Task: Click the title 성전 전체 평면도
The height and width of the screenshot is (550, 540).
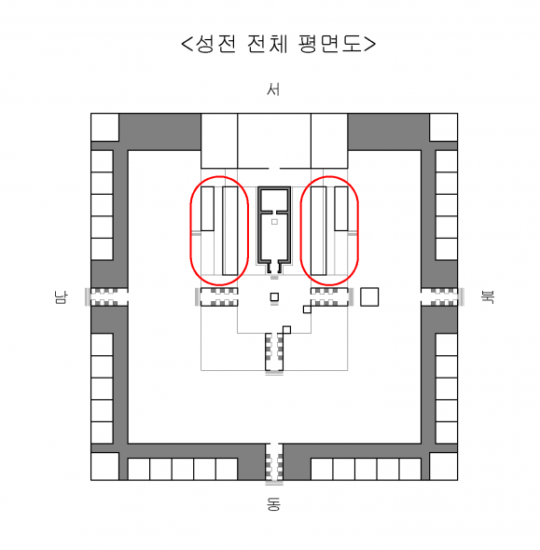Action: [x=278, y=44]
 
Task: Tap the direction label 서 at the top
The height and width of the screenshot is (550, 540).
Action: [x=273, y=89]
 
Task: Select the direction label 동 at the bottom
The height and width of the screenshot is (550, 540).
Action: [x=273, y=504]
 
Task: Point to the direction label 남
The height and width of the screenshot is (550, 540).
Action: [x=61, y=297]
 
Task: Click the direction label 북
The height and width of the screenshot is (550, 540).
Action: [x=488, y=297]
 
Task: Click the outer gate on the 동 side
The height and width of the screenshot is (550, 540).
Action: [x=274, y=462]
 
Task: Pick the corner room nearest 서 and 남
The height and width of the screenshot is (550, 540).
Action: [x=104, y=128]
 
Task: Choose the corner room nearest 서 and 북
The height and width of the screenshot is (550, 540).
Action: [x=444, y=128]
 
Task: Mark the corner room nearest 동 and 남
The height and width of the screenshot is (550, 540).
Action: [x=104, y=466]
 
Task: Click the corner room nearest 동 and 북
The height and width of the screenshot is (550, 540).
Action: [x=444, y=466]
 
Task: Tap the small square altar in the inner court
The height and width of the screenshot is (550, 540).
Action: [x=274, y=297]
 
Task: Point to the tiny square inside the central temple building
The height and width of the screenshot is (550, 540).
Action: [x=274, y=222]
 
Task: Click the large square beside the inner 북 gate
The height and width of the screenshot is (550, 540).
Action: [x=369, y=296]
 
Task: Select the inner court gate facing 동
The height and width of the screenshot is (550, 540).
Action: [x=274, y=351]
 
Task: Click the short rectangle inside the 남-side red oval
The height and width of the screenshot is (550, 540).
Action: [x=207, y=209]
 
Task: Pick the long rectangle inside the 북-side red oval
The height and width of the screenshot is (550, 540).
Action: [x=318, y=231]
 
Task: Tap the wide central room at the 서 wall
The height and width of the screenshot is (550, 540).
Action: [x=274, y=141]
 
